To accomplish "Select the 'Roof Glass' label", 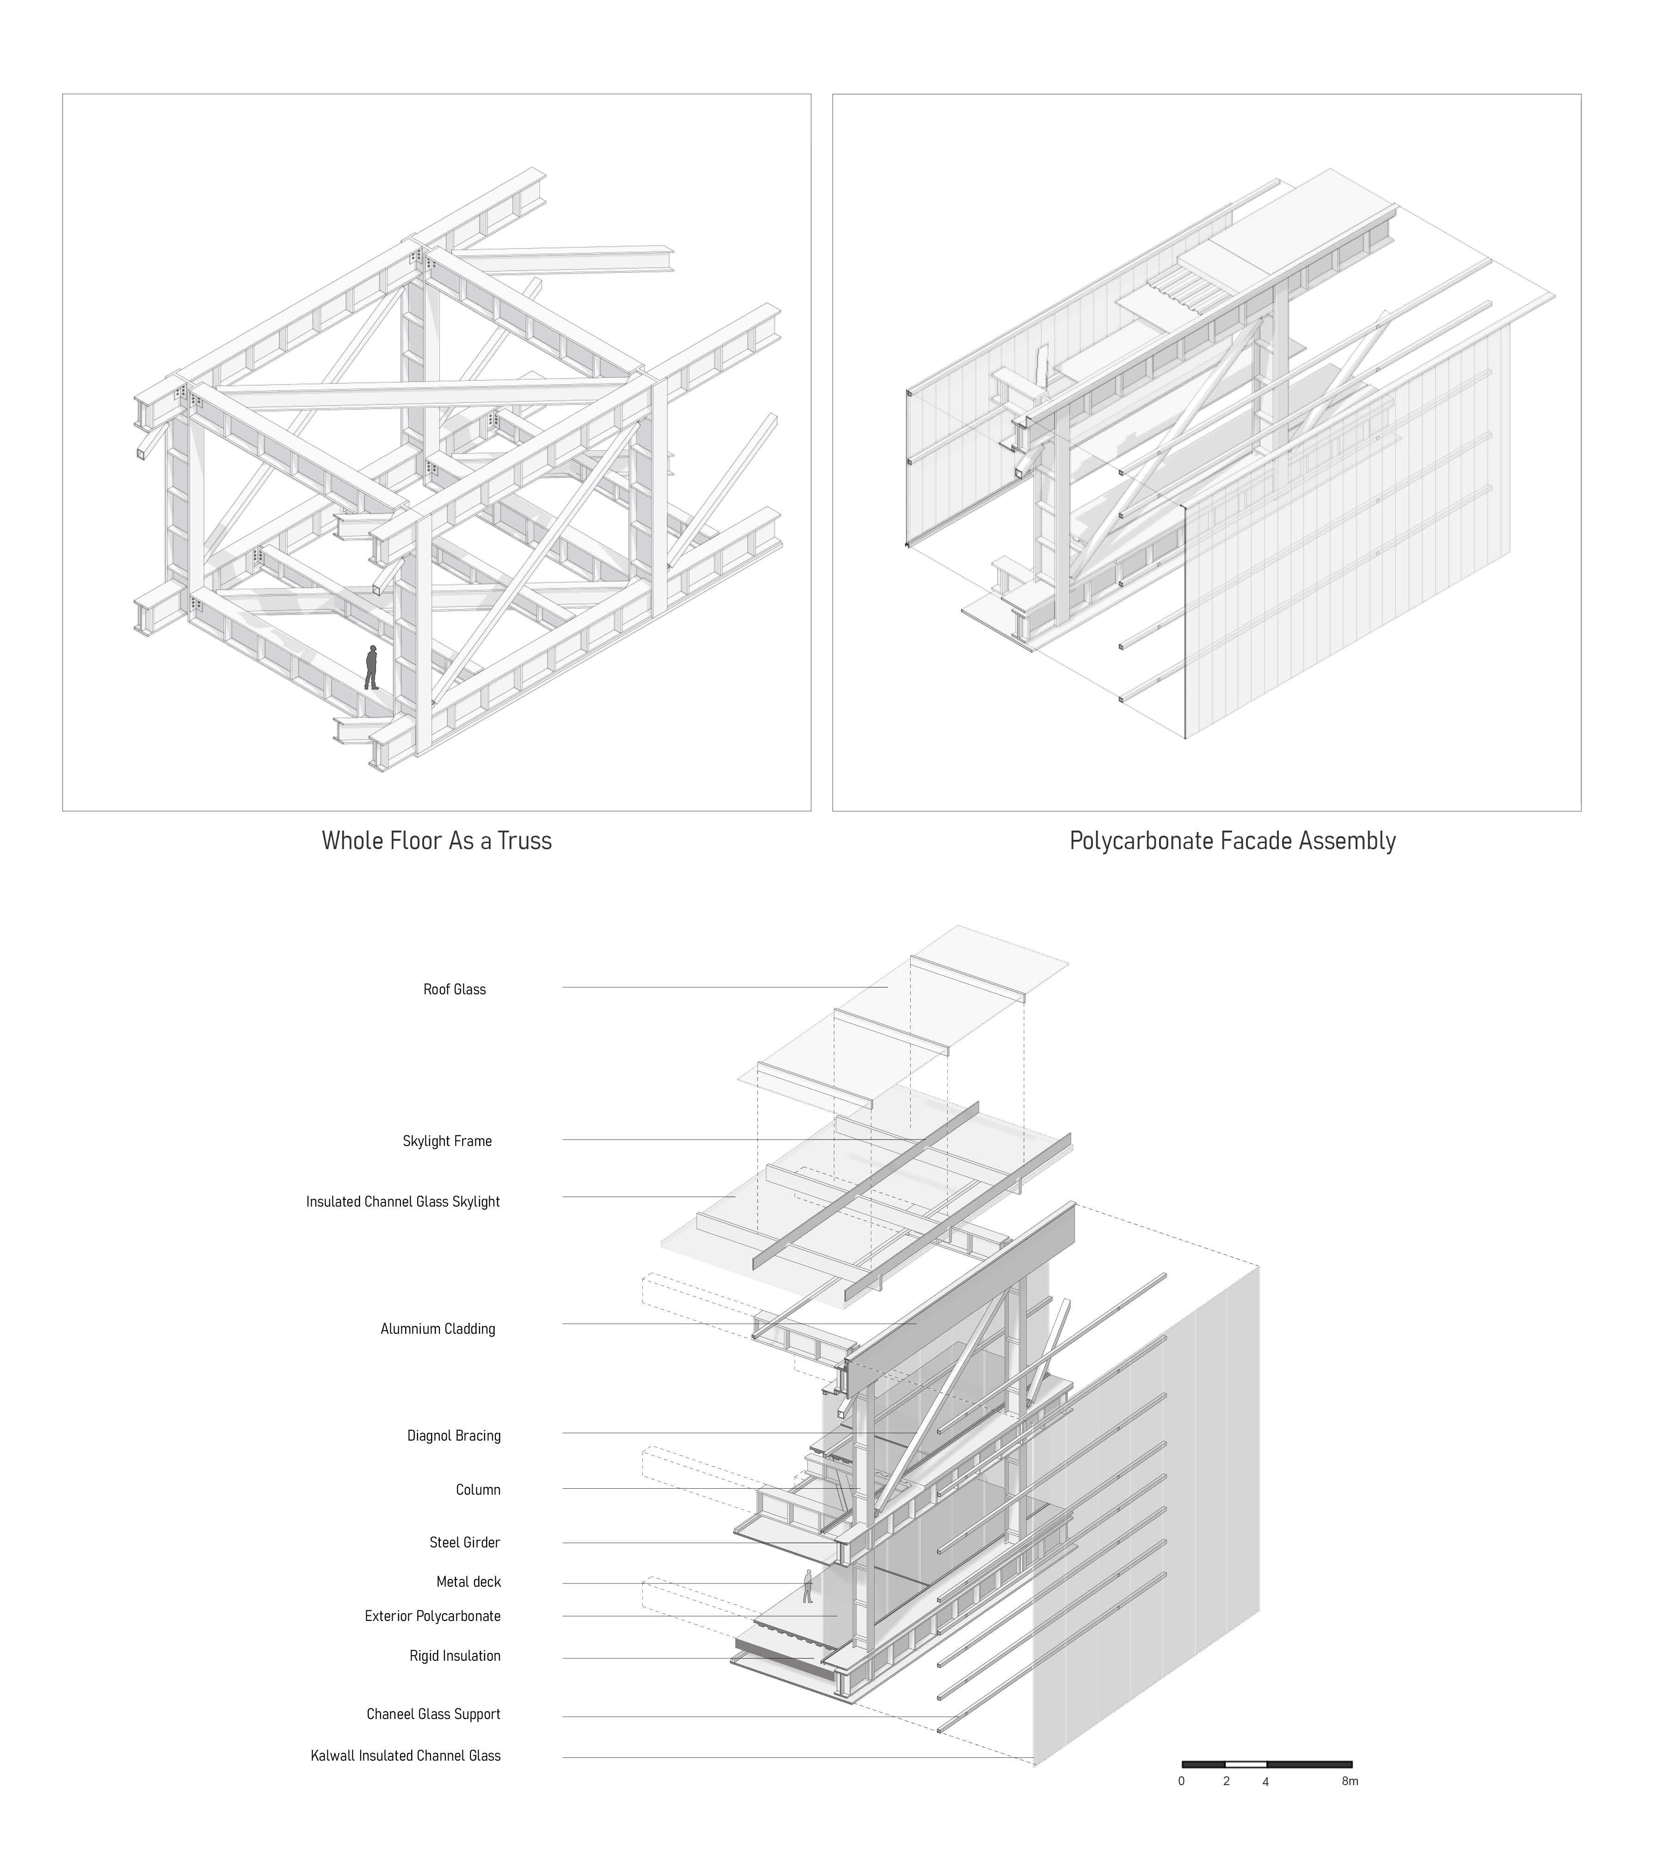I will [455, 990].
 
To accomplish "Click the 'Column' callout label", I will [478, 1490].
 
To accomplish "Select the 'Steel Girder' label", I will [465, 1543].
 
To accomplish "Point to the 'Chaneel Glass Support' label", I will [433, 1714].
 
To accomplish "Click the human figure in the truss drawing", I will [371, 667].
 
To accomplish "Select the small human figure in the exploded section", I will [808, 1586].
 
